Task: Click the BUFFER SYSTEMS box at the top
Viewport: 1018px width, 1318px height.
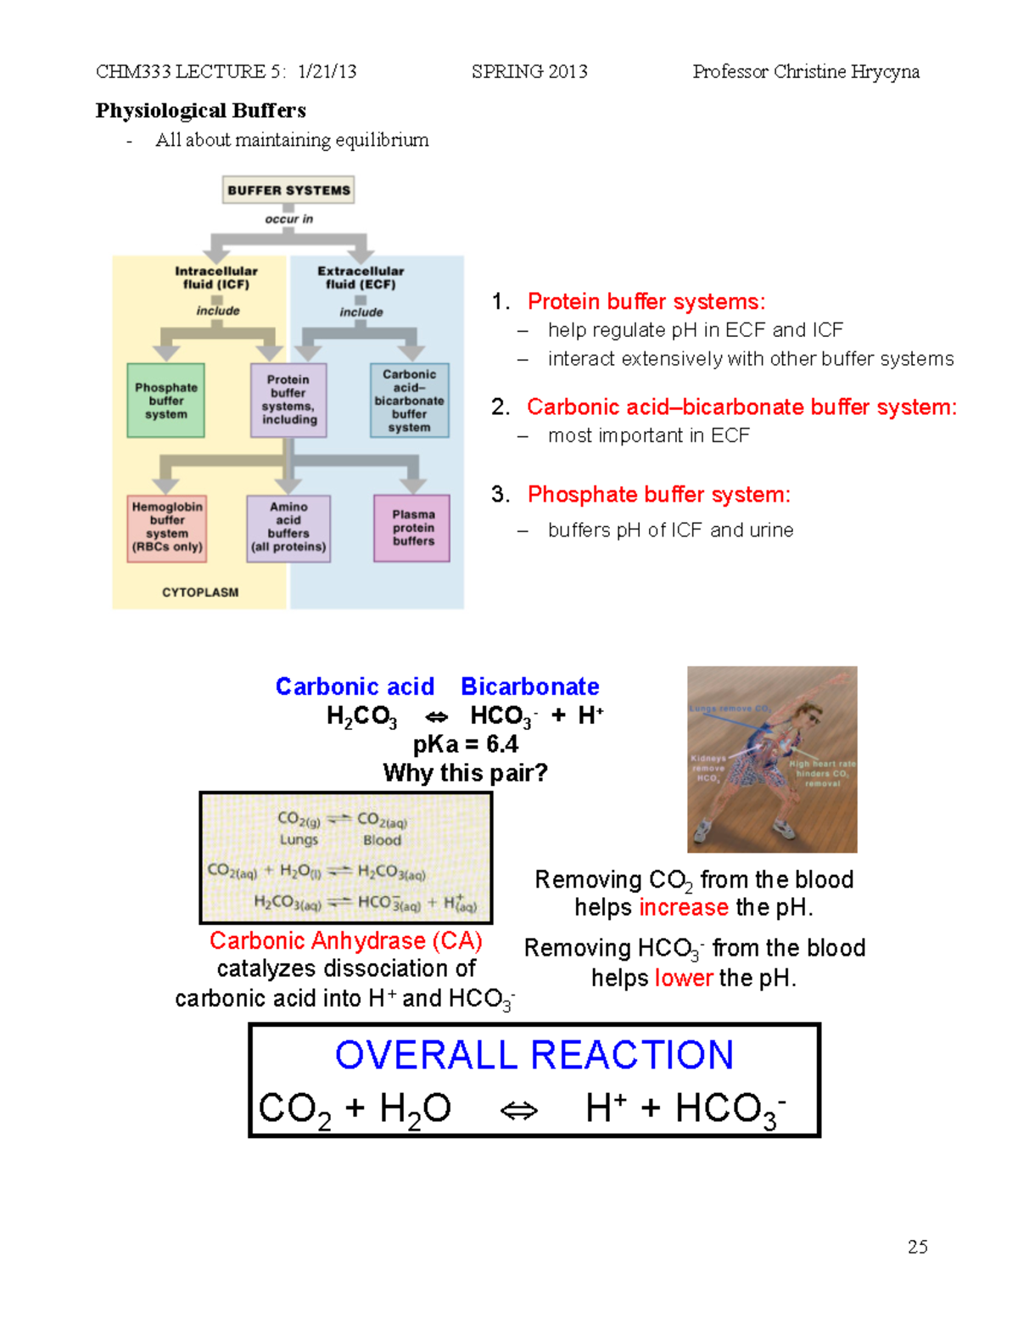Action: [288, 190]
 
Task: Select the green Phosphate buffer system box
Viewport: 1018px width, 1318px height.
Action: [165, 401]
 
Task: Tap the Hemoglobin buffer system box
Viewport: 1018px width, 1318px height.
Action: [167, 527]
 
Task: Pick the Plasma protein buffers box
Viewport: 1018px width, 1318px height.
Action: [413, 528]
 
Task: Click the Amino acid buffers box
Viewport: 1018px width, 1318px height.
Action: [288, 527]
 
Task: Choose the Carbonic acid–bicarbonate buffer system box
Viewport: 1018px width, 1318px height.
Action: [409, 401]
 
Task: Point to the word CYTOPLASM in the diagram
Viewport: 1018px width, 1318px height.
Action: [200, 592]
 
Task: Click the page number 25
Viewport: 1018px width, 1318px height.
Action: [917, 1247]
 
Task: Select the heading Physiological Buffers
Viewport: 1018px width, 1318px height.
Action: [200, 110]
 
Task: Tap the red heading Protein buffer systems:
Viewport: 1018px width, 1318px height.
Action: [646, 301]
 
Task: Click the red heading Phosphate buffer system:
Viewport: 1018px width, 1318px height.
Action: [658, 494]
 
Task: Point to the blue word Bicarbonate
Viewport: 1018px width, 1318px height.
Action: [529, 686]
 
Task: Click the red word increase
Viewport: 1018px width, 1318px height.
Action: [683, 907]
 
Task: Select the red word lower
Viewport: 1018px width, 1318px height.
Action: [683, 978]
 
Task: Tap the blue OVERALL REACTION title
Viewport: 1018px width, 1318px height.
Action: [534, 1055]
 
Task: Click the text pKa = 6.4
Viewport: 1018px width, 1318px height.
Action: [465, 744]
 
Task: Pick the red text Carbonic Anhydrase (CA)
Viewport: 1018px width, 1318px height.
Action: [345, 940]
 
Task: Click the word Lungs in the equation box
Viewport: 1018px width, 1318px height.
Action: [299, 839]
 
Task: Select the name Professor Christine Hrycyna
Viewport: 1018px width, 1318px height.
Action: [805, 71]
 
